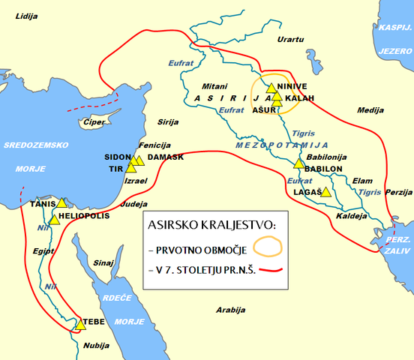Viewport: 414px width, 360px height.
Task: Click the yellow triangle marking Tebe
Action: [x=80, y=325]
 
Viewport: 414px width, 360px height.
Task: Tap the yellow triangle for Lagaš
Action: [x=325, y=192]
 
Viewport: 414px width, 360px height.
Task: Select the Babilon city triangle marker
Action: [x=298, y=163]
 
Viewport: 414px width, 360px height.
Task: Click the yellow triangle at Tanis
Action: [x=61, y=203]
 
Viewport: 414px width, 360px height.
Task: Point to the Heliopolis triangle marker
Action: [x=54, y=219]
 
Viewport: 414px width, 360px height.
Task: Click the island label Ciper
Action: [x=94, y=121]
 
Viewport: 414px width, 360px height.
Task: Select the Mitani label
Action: [x=214, y=86]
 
